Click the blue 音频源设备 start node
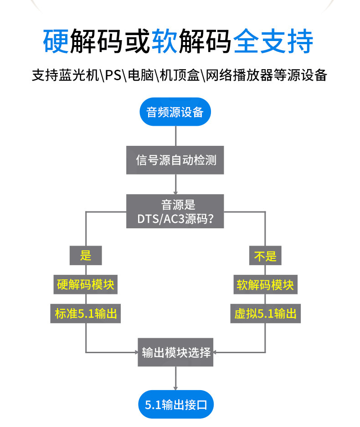175,112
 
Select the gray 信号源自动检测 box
175,160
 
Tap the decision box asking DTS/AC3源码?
175,212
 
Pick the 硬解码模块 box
86,285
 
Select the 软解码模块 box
265,285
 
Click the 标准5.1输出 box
86,314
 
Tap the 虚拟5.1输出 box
265,314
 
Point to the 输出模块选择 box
176,352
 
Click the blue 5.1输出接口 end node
175,405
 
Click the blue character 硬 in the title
56,41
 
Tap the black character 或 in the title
136,41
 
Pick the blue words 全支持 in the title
273,41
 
